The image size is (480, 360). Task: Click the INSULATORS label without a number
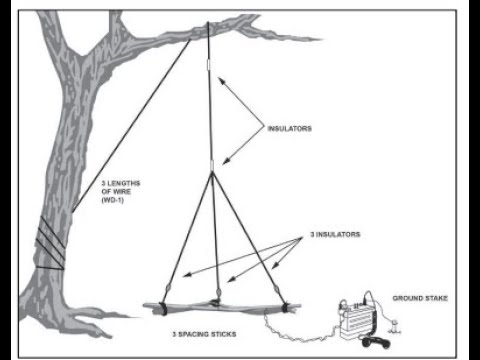pyautogui.click(x=290, y=129)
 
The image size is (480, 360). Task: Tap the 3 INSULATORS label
pyautogui.click(x=335, y=234)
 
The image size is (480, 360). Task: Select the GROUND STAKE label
pyautogui.click(x=420, y=298)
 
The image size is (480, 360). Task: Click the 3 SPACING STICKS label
pyautogui.click(x=204, y=334)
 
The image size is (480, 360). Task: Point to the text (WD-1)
pyautogui.click(x=113, y=200)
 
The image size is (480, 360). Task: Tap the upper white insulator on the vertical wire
pyautogui.click(x=209, y=65)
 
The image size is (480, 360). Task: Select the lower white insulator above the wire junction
pyautogui.click(x=212, y=165)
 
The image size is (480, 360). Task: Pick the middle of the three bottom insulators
pyautogui.click(x=218, y=292)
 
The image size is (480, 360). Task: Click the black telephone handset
pyautogui.click(x=376, y=342)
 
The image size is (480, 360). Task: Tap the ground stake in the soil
pyautogui.click(x=395, y=326)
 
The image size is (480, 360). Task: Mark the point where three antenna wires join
pyautogui.click(x=212, y=173)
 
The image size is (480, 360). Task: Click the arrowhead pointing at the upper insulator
pyautogui.click(x=221, y=80)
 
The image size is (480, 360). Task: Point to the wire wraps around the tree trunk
pyautogui.click(x=50, y=243)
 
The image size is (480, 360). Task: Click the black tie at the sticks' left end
pyautogui.click(x=162, y=308)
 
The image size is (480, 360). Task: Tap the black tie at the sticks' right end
pyautogui.click(x=284, y=307)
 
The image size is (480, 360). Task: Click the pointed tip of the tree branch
pyautogui.click(x=322, y=39)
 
